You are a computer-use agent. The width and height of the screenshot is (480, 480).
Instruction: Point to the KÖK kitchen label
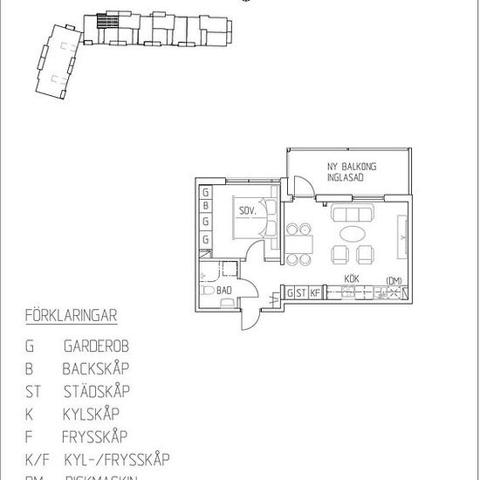352,279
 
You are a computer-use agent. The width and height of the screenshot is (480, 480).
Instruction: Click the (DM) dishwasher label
394,279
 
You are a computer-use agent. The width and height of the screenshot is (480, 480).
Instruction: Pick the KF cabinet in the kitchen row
315,293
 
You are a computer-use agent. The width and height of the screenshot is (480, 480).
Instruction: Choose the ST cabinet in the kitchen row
302,293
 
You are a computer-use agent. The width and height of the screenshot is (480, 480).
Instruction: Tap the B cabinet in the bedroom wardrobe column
205,207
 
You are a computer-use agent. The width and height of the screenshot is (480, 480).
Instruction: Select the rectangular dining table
300,242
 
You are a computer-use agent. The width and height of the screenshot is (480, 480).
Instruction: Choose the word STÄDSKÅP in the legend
97,391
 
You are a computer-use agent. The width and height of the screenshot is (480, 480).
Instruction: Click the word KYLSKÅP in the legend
92,414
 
